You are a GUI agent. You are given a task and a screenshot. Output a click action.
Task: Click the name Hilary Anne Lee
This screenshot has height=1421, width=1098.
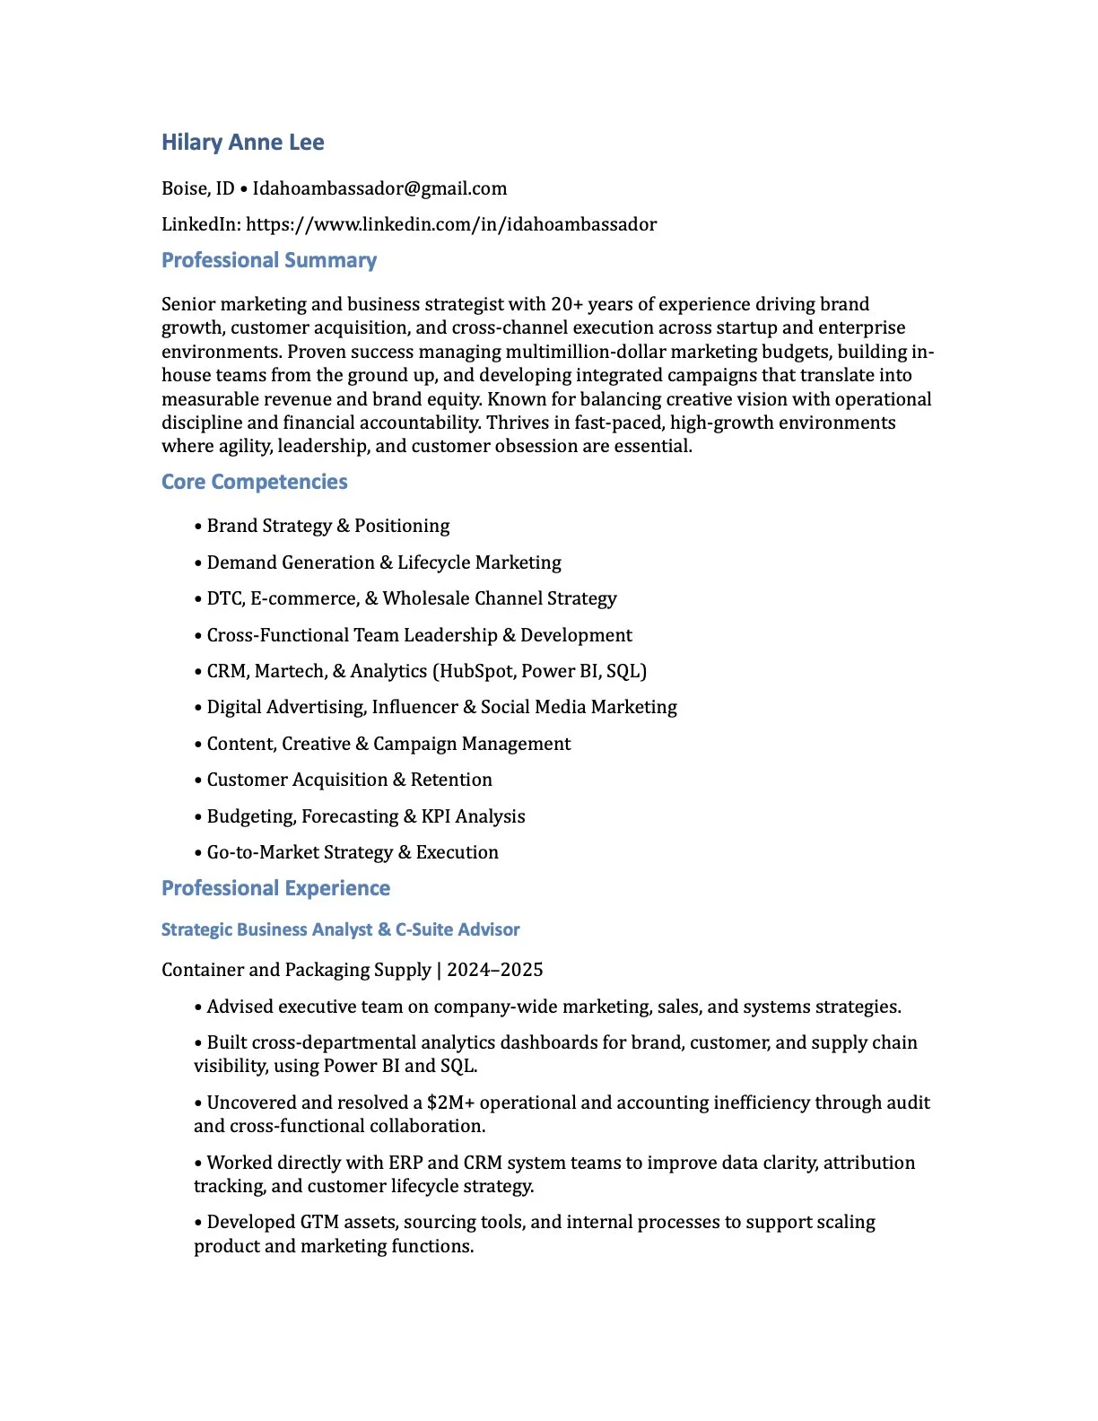click(x=242, y=143)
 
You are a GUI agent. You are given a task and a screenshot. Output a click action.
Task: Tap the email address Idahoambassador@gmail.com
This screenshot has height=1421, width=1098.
click(x=379, y=188)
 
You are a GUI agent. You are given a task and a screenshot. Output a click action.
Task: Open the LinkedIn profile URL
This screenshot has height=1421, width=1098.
click(x=451, y=224)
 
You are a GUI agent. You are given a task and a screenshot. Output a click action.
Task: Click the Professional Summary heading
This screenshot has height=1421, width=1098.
click(x=269, y=260)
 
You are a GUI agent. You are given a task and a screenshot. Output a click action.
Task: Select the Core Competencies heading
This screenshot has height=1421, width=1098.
click(x=254, y=482)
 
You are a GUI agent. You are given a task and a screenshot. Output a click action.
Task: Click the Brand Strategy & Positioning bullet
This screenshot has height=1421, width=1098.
click(x=327, y=526)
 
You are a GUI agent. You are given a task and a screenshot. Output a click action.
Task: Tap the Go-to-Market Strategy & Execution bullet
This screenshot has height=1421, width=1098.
click(x=352, y=852)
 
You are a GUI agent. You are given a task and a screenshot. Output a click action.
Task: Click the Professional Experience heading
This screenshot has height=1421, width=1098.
click(x=275, y=888)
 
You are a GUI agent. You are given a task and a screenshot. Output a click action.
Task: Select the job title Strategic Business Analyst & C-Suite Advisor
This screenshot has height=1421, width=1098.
click(x=340, y=929)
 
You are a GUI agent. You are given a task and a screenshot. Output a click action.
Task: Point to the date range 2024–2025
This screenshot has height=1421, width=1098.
click(x=495, y=970)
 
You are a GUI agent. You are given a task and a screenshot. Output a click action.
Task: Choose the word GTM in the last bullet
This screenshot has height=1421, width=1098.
click(x=319, y=1222)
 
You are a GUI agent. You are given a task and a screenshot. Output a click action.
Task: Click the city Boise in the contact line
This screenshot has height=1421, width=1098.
click(x=184, y=188)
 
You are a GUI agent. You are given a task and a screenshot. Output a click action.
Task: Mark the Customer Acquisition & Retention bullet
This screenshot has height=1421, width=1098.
click(x=349, y=780)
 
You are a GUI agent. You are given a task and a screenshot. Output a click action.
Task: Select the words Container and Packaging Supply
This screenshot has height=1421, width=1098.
click(x=296, y=970)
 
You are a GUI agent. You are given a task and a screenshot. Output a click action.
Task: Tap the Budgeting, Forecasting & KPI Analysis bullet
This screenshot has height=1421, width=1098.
click(x=365, y=816)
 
